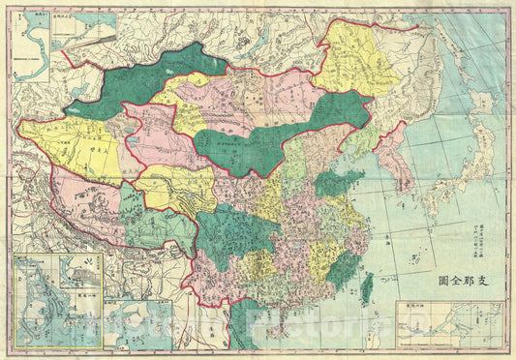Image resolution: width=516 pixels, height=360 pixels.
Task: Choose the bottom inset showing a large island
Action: [x=131, y=323]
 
